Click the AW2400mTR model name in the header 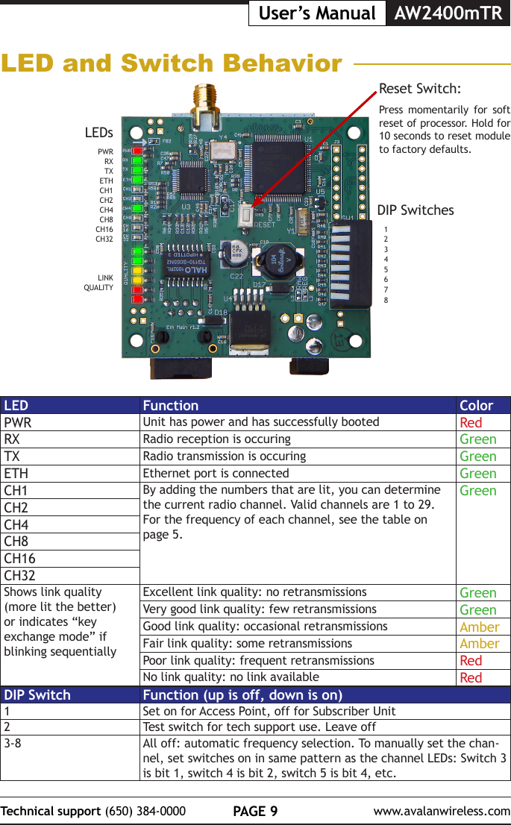(x=448, y=13)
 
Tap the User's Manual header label (x=316, y=13)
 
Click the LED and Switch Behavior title (x=172, y=63)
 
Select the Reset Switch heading (x=419, y=89)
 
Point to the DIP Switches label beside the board (x=416, y=210)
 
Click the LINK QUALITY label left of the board (x=99, y=282)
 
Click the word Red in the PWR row (x=471, y=423)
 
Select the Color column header (x=476, y=406)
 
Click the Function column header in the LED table (x=171, y=406)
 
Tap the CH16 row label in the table (x=20, y=559)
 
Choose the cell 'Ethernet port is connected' (x=216, y=473)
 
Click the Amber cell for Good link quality (x=479, y=627)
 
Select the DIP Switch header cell (x=37, y=695)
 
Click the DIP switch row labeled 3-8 (x=13, y=743)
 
